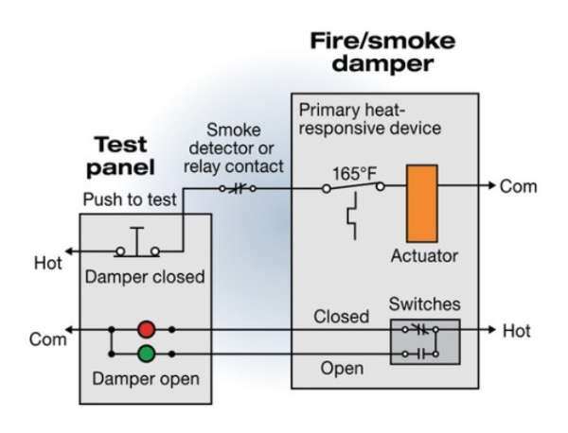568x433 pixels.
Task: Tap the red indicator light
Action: pyautogui.click(x=146, y=330)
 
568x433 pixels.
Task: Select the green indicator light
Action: pyautogui.click(x=146, y=355)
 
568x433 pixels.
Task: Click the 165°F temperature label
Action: pyautogui.click(x=354, y=174)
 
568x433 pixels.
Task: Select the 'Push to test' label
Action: pyautogui.click(x=129, y=199)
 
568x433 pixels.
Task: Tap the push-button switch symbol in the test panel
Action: pyautogui.click(x=138, y=244)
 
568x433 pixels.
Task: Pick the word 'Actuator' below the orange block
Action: pyautogui.click(x=423, y=255)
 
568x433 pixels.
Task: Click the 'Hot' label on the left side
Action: pyautogui.click(x=49, y=262)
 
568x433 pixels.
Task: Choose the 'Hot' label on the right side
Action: pyautogui.click(x=516, y=331)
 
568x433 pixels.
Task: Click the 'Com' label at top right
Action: pyautogui.click(x=518, y=186)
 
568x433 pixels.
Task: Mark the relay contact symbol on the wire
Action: pyautogui.click(x=238, y=188)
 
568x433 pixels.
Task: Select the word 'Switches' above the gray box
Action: pyautogui.click(x=424, y=304)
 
